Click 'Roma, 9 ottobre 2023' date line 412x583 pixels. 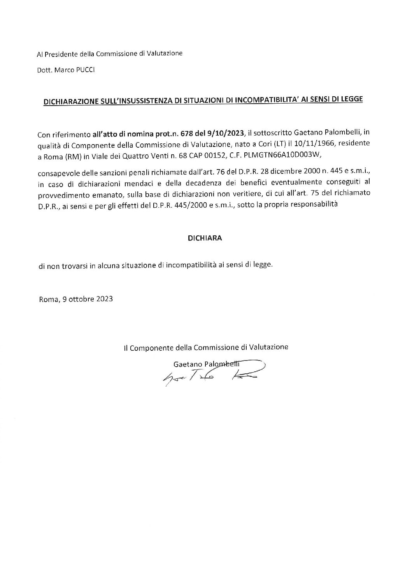(76, 299)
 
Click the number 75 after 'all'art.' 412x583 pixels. (307, 193)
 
